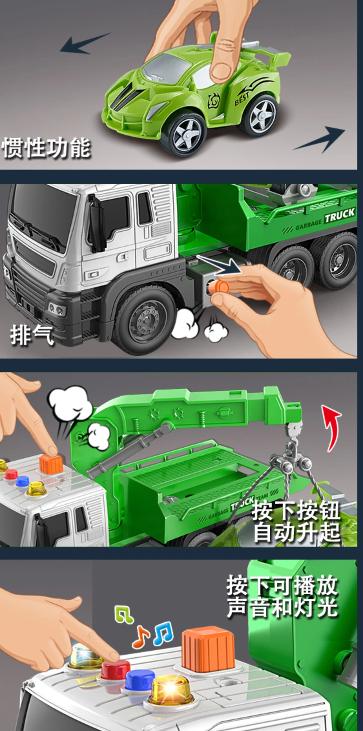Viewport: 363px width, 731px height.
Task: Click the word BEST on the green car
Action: pos(242,98)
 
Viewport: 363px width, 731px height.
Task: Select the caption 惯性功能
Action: pos(46,148)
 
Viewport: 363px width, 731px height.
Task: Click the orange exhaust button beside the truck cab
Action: pos(220,286)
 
